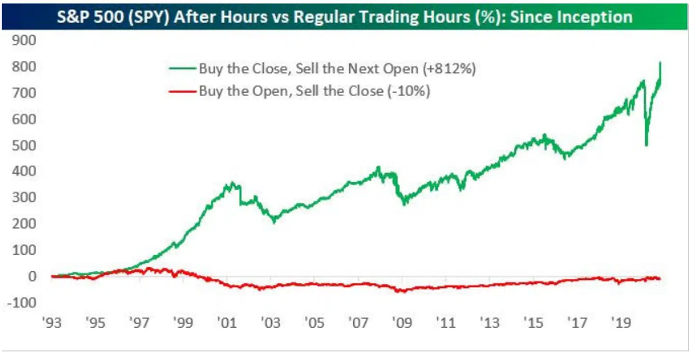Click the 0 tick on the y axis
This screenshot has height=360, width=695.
tap(32, 277)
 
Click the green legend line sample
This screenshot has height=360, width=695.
tap(182, 69)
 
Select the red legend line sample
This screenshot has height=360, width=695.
tap(182, 91)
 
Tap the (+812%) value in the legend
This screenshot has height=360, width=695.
tap(449, 69)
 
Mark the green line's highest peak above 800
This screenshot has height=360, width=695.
tap(660, 63)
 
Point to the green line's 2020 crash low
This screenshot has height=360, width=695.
tap(646, 145)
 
